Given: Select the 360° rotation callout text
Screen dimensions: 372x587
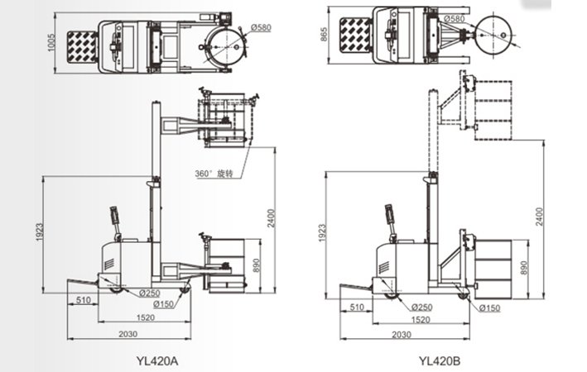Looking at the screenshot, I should click(214, 174).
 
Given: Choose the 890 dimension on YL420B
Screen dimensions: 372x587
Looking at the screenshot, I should click(523, 268).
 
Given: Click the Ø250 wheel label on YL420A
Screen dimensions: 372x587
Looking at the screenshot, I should click(149, 293).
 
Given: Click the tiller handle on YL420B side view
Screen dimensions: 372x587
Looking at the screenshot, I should click(388, 217).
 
